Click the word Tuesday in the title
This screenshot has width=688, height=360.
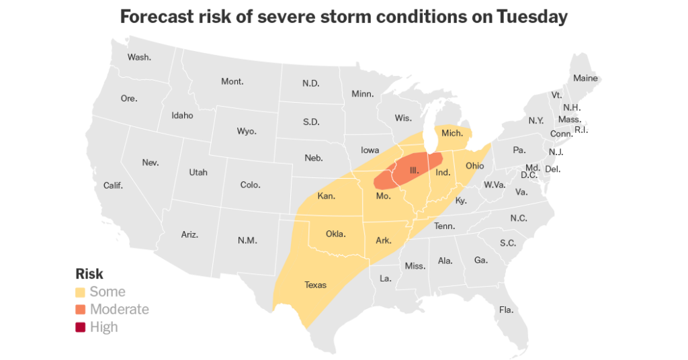coord(532,17)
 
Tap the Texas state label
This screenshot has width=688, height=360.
coord(315,285)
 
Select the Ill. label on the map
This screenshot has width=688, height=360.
coord(415,171)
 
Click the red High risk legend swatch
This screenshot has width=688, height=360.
coord(81,327)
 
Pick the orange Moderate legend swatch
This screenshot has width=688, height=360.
coord(81,310)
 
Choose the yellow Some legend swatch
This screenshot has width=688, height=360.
coord(81,292)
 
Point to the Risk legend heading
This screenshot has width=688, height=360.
coord(89,274)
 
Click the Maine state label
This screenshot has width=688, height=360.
coord(585,78)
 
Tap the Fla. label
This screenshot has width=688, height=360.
coord(506,310)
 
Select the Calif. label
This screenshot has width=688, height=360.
coord(113,185)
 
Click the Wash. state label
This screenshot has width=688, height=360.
coord(139,57)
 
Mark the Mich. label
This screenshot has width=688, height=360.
coord(452,133)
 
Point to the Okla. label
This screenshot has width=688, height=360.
coord(335,234)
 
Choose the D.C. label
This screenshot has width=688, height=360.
coord(529,175)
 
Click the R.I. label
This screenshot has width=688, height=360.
coord(581,130)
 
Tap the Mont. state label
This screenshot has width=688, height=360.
coord(232,81)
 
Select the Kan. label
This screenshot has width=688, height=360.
coord(327,197)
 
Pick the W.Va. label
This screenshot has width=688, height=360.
coord(494,185)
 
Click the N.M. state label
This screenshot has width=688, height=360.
coord(247,240)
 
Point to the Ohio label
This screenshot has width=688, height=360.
coord(474,165)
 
